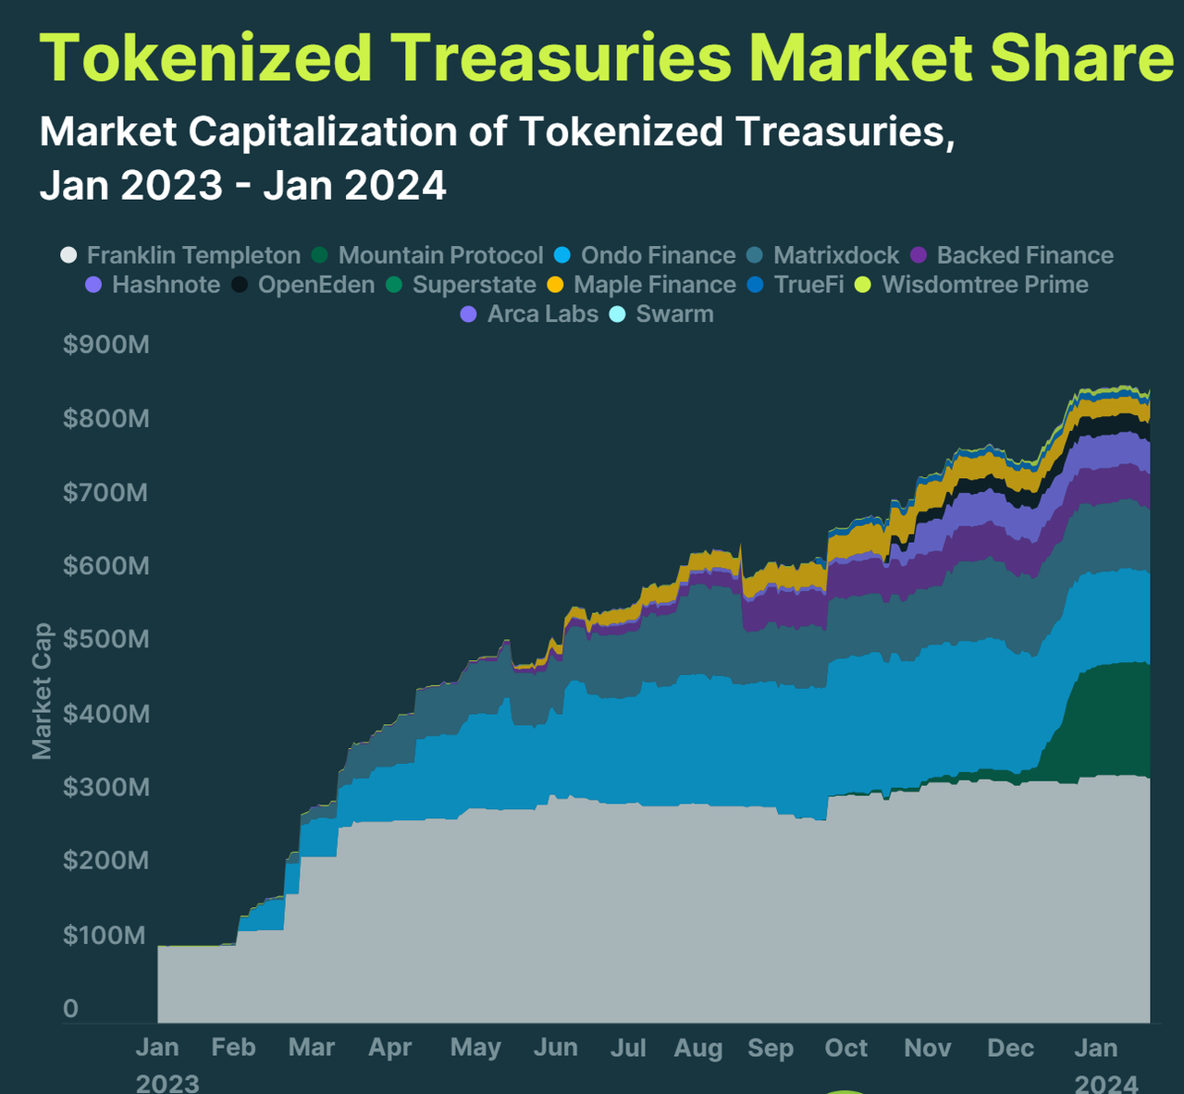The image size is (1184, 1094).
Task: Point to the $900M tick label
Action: coord(105,345)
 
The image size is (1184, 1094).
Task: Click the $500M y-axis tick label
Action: coord(105,639)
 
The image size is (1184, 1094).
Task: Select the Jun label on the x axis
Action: coord(555,1048)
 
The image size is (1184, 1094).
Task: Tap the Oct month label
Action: coord(845,1048)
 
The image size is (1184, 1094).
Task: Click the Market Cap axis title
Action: coord(42,691)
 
